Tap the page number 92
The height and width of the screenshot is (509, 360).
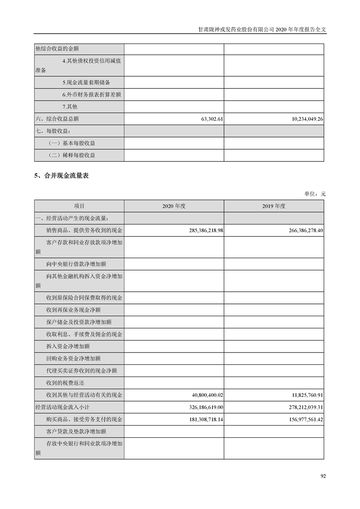(x=323, y=476)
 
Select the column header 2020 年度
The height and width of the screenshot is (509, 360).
(x=174, y=206)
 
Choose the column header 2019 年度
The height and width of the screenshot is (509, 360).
(x=274, y=206)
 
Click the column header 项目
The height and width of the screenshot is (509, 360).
(x=79, y=206)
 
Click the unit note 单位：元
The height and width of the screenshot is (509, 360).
(x=315, y=194)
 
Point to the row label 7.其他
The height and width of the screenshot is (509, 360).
(x=70, y=107)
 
